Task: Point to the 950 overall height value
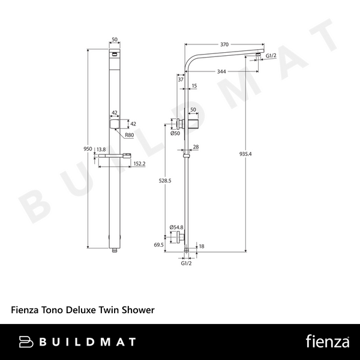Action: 88,149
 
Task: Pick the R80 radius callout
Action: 129,136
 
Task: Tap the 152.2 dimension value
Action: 139,164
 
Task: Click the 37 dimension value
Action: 180,79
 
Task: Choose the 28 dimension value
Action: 196,147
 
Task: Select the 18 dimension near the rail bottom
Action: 201,246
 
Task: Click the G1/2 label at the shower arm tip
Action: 271,55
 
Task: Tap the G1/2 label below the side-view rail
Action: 186,262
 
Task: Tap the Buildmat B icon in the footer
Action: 27,342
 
